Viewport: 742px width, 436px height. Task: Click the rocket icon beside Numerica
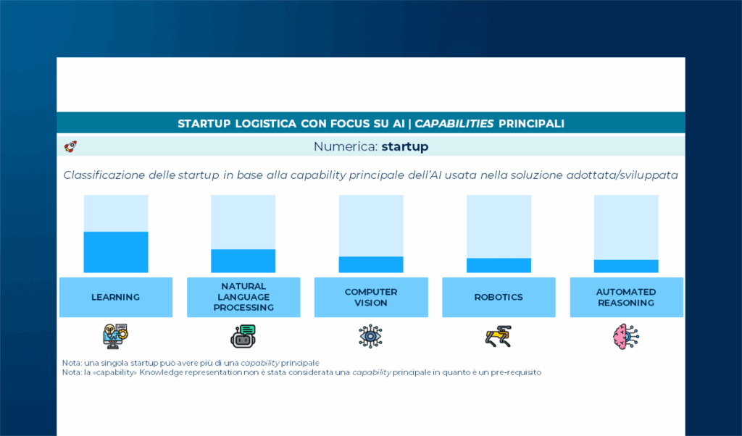[70, 146]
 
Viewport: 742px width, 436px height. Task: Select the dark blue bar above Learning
[116, 252]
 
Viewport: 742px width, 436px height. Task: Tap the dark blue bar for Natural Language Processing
[243, 261]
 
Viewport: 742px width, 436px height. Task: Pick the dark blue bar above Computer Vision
[371, 264]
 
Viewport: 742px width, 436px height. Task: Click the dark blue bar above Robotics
[499, 265]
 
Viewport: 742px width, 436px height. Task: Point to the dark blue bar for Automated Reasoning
[626, 266]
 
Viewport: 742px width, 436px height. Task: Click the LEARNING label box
[116, 297]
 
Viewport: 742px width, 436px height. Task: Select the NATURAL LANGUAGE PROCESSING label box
[243, 297]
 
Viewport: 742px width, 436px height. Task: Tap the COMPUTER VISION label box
[371, 297]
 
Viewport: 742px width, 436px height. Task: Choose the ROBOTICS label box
[499, 297]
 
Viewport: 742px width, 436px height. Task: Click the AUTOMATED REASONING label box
[626, 297]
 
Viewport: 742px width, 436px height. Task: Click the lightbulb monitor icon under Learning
[115, 336]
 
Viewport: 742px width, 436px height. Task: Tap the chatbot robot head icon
[243, 336]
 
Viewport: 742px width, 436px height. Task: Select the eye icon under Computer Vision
[370, 336]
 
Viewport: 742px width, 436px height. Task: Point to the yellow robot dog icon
[499, 336]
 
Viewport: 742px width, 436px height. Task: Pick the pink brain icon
[625, 337]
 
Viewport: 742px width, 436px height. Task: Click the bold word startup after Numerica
[405, 146]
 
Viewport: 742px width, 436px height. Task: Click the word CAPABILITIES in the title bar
[454, 124]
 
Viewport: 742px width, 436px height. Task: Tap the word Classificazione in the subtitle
[104, 175]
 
